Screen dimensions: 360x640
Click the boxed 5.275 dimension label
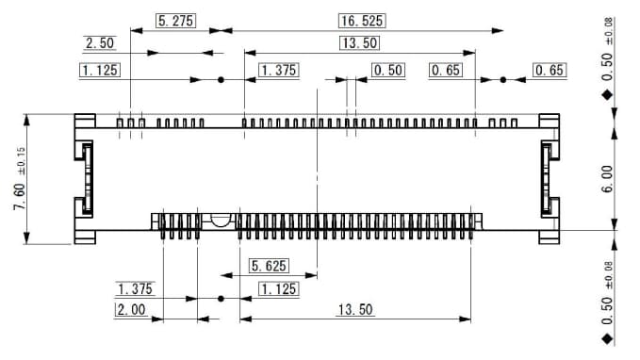tap(175, 21)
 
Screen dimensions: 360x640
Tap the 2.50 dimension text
tap(100, 43)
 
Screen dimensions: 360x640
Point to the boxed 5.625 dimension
tap(269, 267)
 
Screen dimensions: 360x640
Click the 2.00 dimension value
tap(133, 309)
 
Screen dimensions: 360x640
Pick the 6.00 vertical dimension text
tap(607, 175)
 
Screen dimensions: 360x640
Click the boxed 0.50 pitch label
tap(388, 71)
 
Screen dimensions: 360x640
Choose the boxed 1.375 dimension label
tap(278, 71)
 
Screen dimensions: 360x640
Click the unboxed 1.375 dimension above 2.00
tap(135, 288)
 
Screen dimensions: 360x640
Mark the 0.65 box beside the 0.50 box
tap(446, 71)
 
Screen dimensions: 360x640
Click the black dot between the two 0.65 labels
tap(502, 80)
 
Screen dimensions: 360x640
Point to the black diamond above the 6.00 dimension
tap(607, 95)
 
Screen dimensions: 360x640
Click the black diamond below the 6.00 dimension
tap(607, 336)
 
